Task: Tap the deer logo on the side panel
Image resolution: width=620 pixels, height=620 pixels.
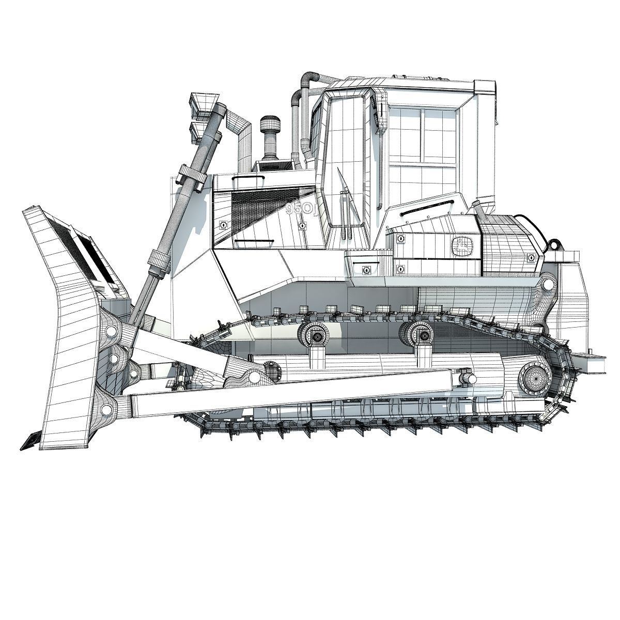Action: coord(461,244)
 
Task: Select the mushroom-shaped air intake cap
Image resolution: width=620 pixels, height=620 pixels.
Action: coord(269,125)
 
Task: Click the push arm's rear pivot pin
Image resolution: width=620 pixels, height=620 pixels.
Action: coord(468,378)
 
